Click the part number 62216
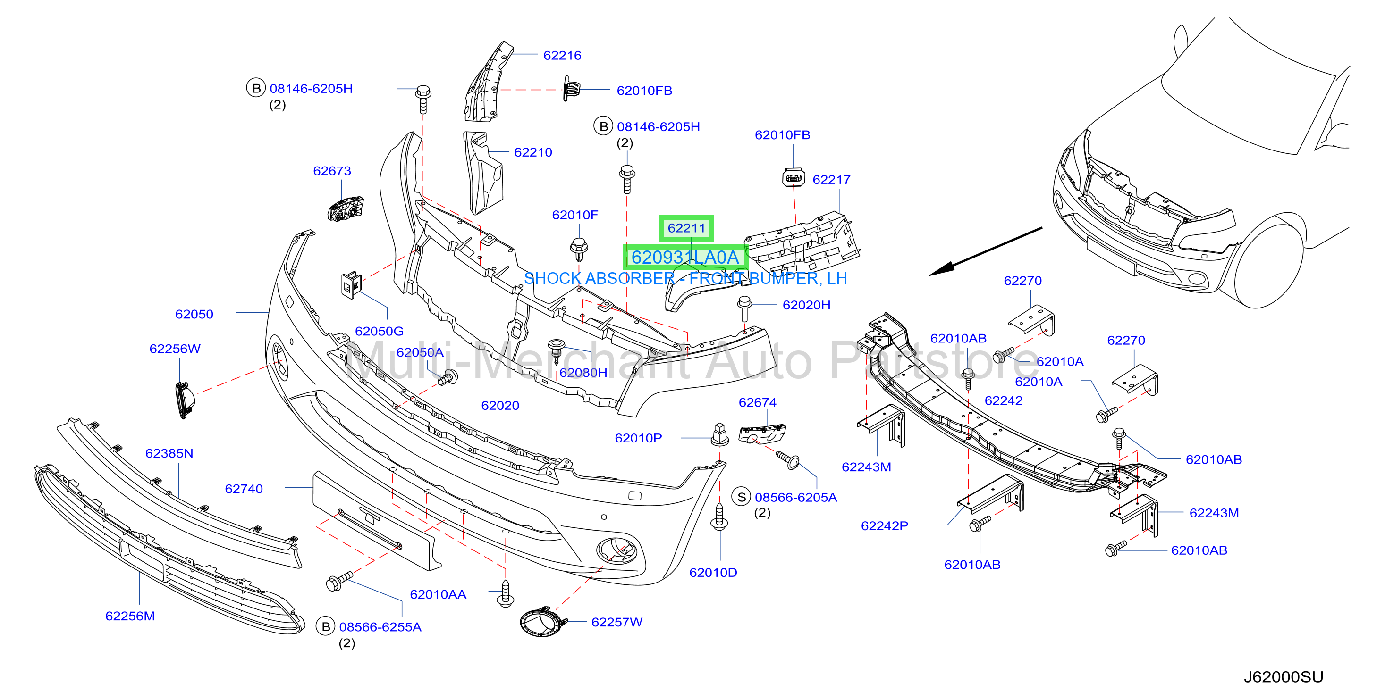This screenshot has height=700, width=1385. (x=562, y=55)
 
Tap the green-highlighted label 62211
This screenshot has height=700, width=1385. (x=686, y=228)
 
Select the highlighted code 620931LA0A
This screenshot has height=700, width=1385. (x=685, y=258)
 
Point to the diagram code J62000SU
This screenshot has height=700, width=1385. (x=1283, y=676)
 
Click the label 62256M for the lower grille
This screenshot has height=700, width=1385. (x=130, y=616)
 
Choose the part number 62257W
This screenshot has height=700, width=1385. (x=616, y=622)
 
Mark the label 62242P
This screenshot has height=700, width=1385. (x=885, y=525)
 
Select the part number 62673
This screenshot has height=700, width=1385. (x=332, y=171)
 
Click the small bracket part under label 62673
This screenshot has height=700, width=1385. (x=346, y=209)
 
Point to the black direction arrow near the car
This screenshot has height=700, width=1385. (x=986, y=251)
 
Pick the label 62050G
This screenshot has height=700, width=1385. (x=379, y=331)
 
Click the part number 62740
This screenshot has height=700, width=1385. (x=244, y=489)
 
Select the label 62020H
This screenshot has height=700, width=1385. (x=806, y=305)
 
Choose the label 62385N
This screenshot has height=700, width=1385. (x=169, y=453)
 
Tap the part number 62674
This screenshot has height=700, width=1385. (x=757, y=402)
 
